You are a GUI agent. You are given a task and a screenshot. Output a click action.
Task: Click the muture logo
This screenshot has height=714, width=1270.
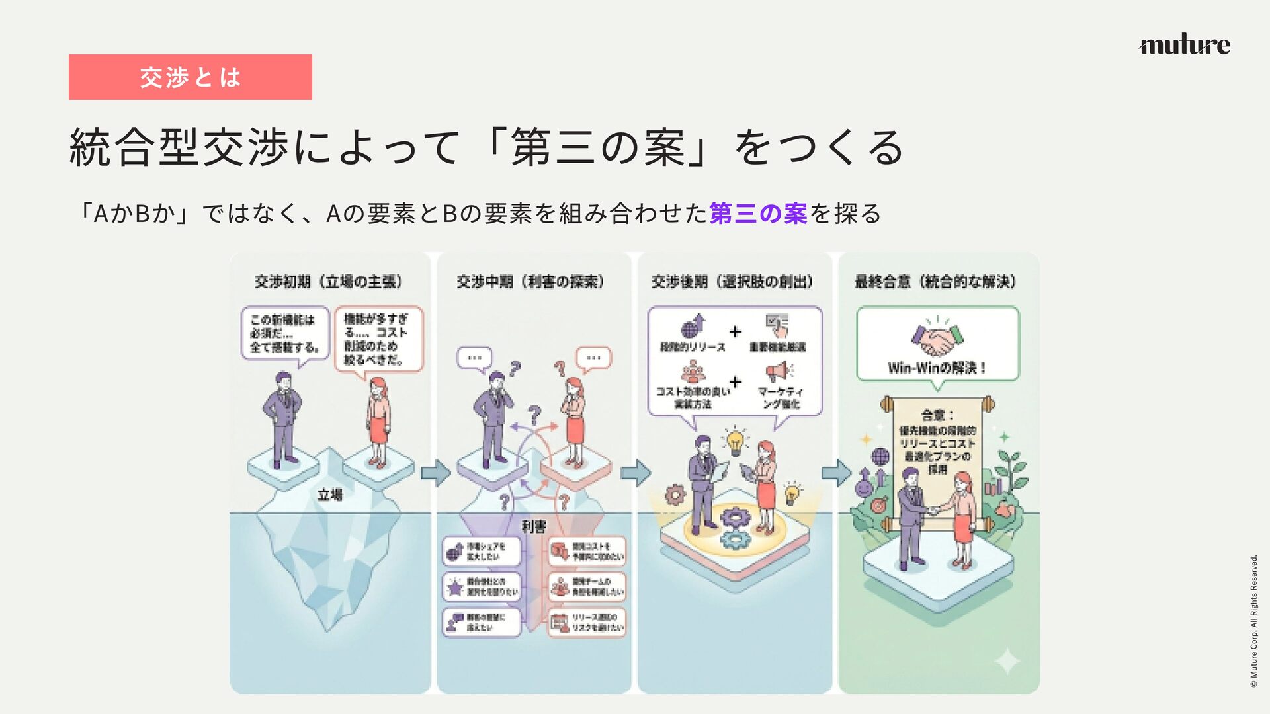pyautogui.click(x=1184, y=44)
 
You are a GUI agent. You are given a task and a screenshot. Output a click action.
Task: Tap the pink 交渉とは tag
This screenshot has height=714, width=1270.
pyautogui.click(x=190, y=77)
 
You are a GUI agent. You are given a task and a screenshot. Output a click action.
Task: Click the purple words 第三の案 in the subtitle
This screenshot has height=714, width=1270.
pyautogui.click(x=758, y=214)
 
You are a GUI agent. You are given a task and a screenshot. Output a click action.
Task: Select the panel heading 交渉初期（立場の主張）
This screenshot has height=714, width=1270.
pyautogui.click(x=329, y=282)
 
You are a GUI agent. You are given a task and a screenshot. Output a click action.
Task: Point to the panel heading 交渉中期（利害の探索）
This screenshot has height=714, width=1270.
pyautogui.click(x=530, y=282)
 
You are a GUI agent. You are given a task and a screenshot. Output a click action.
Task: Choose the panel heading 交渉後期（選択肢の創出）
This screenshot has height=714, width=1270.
pyautogui.click(x=732, y=282)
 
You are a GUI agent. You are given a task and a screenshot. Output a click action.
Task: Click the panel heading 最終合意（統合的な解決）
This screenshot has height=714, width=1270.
pyautogui.click(x=935, y=282)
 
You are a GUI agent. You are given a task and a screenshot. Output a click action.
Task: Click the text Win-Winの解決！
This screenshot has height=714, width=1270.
pyautogui.click(x=937, y=368)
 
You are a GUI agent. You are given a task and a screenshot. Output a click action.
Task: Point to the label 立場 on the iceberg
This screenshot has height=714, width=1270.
pyautogui.click(x=330, y=495)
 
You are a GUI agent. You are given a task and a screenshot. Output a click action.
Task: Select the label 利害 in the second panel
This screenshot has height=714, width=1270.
pyautogui.click(x=534, y=526)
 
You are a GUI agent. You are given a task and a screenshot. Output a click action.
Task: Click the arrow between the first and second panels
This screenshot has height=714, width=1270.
pyautogui.click(x=435, y=473)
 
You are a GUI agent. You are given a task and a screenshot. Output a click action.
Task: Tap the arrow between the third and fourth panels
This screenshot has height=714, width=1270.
pyautogui.click(x=836, y=473)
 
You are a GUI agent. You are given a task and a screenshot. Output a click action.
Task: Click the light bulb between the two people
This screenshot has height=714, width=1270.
pyautogui.click(x=734, y=442)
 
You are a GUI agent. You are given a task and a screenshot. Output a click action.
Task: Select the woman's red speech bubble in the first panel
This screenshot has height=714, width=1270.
pyautogui.click(x=378, y=339)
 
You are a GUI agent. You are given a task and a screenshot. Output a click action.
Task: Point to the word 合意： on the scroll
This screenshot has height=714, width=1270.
pyautogui.click(x=937, y=415)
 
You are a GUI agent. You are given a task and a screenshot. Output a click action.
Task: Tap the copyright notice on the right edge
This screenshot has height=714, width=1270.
pyautogui.click(x=1253, y=621)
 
